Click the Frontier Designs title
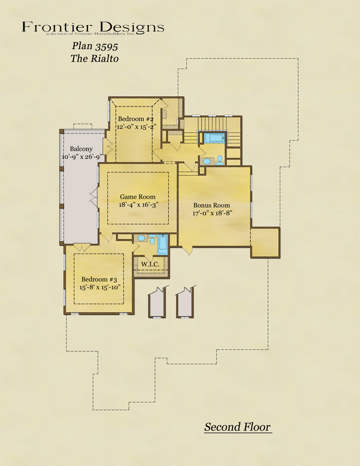pyautogui.click(x=93, y=27)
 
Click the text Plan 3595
pyautogui.click(x=95, y=46)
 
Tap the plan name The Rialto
pyautogui.click(x=95, y=58)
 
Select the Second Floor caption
pyautogui.click(x=237, y=427)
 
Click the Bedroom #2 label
pyautogui.click(x=136, y=119)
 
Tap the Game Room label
pyautogui.click(x=138, y=197)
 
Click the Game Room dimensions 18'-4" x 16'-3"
pyautogui.click(x=138, y=205)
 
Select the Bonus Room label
pyautogui.click(x=212, y=205)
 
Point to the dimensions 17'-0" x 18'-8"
pyautogui.click(x=212, y=213)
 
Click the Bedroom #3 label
pyautogui.click(x=99, y=279)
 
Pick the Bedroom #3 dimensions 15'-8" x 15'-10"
pyautogui.click(x=101, y=288)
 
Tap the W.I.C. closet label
pyautogui.click(x=150, y=264)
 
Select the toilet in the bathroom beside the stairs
pyautogui.click(x=220, y=160)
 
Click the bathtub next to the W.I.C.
pyautogui.click(x=163, y=245)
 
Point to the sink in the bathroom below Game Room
pyautogui.click(x=141, y=238)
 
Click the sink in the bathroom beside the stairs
pyautogui.click(x=207, y=162)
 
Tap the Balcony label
pyautogui.click(x=81, y=149)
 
